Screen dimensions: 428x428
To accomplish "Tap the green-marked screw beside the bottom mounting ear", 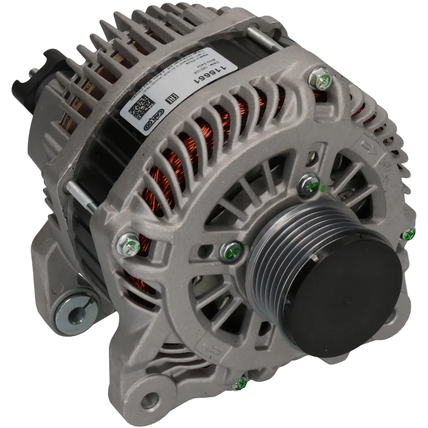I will tap(241, 384).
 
